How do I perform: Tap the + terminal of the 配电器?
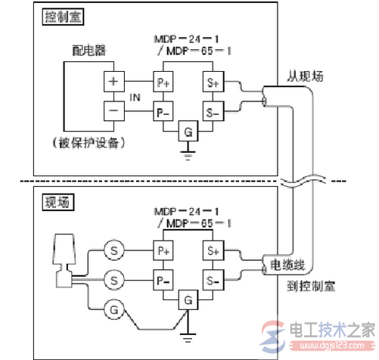tap(114, 82)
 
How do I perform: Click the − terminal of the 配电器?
tap(114, 111)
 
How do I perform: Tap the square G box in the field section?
tap(185, 300)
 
